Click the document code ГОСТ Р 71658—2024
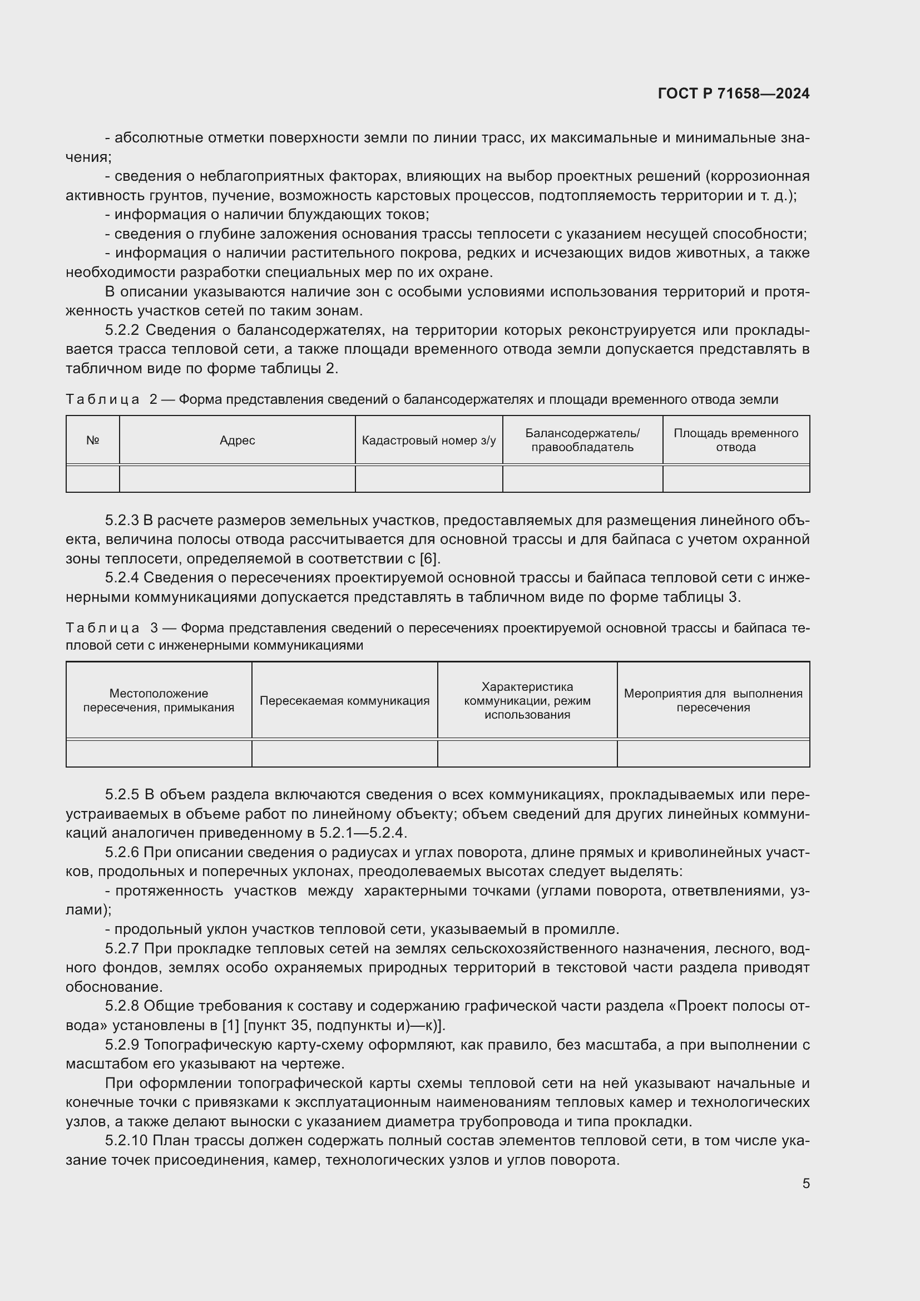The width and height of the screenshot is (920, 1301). click(x=733, y=93)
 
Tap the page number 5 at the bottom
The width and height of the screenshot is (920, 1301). click(x=805, y=1183)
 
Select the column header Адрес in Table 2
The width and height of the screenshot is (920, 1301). click(x=238, y=441)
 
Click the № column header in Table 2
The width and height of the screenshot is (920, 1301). click(x=93, y=441)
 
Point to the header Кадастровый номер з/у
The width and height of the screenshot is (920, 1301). click(x=428, y=441)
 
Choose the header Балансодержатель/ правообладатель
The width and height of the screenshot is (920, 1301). click(x=582, y=441)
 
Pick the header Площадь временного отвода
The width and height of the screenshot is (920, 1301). click(x=735, y=441)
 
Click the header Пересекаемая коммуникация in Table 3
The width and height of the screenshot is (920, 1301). click(x=344, y=700)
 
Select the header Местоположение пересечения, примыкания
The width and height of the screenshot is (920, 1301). click(x=159, y=700)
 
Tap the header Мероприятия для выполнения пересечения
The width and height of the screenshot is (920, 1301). click(x=713, y=700)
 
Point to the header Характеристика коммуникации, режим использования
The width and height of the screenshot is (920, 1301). click(x=527, y=700)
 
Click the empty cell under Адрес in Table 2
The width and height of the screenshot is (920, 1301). click(x=238, y=479)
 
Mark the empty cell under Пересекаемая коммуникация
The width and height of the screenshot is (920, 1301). click(x=344, y=753)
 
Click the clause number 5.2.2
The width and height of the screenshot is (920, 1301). click(x=122, y=330)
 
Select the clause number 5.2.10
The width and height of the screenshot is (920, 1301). click(x=126, y=1141)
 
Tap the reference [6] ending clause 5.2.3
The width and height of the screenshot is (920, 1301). click(x=428, y=558)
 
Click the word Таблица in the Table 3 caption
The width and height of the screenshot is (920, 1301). click(x=102, y=628)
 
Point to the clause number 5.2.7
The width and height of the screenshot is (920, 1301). click(x=122, y=948)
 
